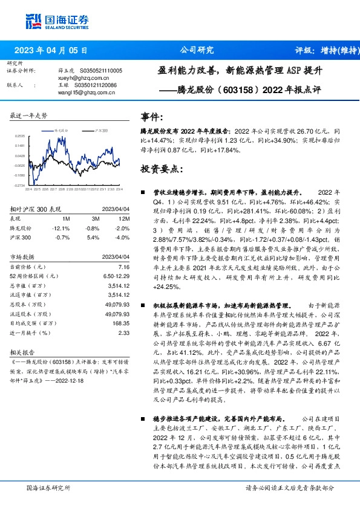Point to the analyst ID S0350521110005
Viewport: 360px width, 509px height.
(98, 71)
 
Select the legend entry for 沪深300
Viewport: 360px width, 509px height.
(99, 130)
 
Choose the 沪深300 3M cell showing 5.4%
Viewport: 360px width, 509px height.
(93, 236)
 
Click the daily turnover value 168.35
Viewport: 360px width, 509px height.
(121, 323)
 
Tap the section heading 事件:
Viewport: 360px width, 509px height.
(152, 117)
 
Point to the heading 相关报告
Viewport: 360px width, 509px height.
(24, 351)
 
